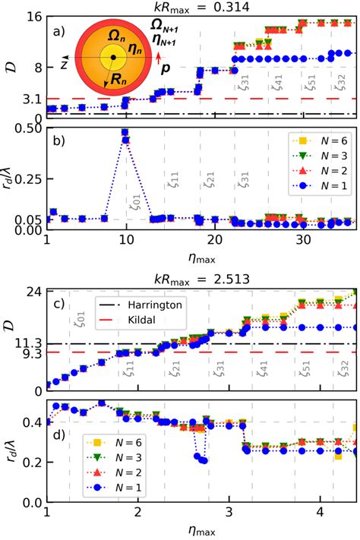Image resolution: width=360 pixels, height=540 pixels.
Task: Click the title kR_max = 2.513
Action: point(201,278)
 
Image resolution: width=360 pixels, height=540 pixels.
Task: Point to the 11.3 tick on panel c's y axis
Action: point(27,343)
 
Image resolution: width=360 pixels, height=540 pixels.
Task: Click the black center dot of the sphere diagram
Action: point(112,57)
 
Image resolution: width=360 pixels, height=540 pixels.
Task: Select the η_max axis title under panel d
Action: point(201,529)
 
